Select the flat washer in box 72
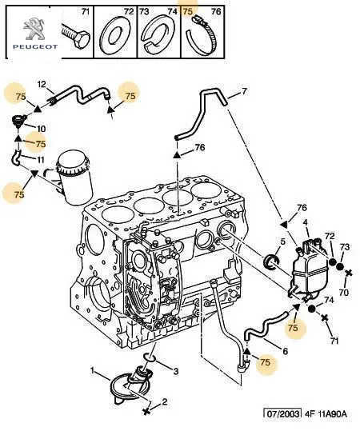coord(115,34)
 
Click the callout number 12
coord(42,84)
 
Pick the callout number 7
coord(245,91)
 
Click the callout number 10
coord(42,129)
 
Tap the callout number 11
coord(41,160)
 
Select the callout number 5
coord(282,241)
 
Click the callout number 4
coord(306,223)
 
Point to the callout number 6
coord(286,351)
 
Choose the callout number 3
coord(176,371)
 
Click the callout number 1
coord(92,370)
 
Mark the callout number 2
coord(165,401)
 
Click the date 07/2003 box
coord(282,414)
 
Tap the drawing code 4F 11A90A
coord(326,414)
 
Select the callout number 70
coord(344,292)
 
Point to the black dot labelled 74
coord(311,309)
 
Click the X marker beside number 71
coord(325,317)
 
